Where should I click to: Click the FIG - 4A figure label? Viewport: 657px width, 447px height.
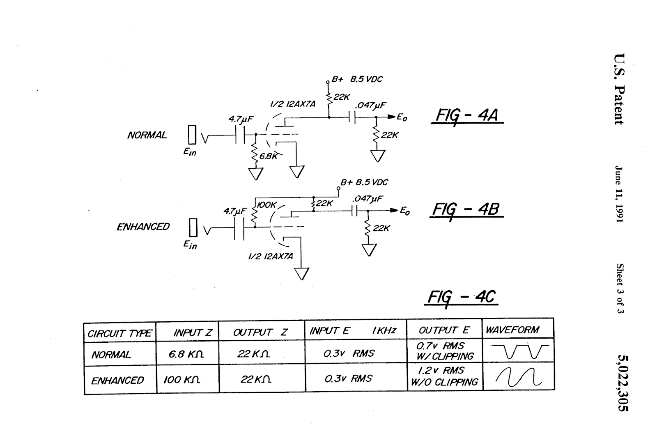pos(467,116)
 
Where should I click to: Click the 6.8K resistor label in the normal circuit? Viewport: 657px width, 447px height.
pos(268,156)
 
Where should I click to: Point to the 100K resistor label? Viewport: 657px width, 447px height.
pos(266,205)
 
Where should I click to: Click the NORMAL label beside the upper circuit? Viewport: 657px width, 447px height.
pos(147,135)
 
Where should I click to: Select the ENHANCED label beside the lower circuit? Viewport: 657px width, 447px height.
pos(143,227)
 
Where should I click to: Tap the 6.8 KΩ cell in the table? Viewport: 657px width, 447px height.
pos(186,354)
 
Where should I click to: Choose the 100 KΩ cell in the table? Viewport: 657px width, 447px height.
pos(182,380)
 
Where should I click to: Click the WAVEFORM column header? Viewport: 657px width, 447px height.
pos(512,330)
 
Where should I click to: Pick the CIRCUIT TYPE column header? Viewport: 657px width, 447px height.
pos(119,334)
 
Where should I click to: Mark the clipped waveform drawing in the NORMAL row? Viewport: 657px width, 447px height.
pos(520,351)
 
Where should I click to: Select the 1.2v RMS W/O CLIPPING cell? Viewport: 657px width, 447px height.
pos(444,376)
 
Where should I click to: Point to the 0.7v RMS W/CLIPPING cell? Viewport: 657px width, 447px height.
pos(445,351)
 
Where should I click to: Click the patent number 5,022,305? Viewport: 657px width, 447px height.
pos(623,383)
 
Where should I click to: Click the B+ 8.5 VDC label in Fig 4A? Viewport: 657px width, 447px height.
pos(357,79)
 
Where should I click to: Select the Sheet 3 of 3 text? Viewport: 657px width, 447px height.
pos(620,289)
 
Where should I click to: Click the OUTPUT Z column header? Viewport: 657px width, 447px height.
pos(260,332)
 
